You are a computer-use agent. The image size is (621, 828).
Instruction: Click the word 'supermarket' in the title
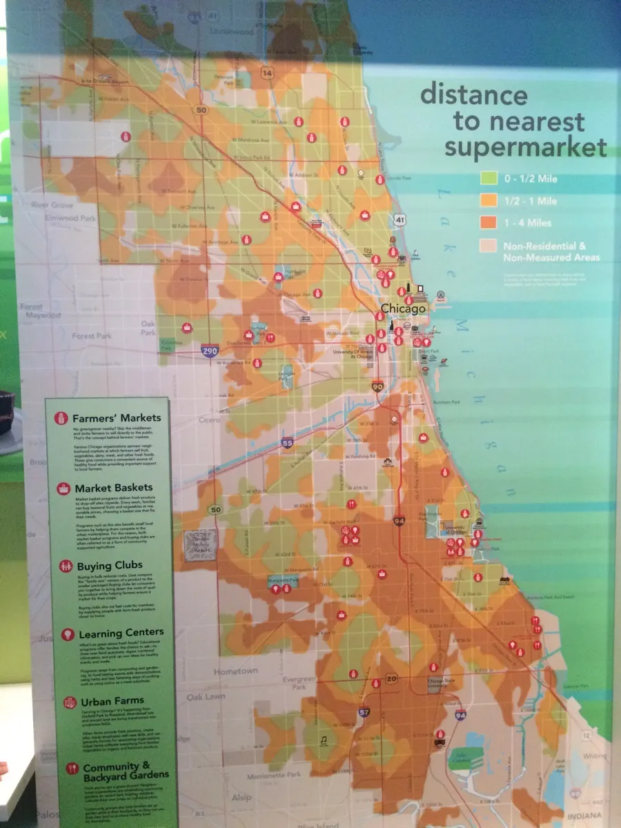[x=525, y=147]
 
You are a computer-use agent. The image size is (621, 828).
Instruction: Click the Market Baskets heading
[x=114, y=489]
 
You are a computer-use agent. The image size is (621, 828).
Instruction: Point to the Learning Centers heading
[x=121, y=633]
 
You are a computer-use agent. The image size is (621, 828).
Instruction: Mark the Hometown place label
[x=235, y=671]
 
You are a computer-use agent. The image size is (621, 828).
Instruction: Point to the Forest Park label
[x=95, y=337]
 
